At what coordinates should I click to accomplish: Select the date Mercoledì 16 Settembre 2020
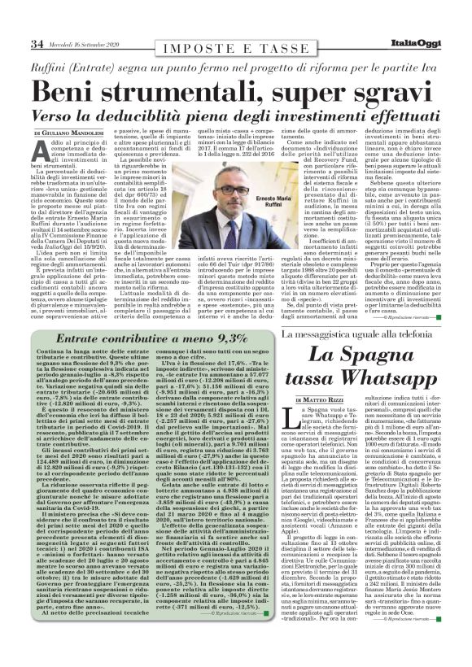(84, 44)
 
